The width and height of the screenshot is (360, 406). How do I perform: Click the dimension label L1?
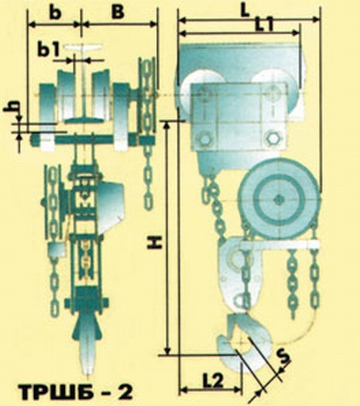pyautogui.click(x=264, y=25)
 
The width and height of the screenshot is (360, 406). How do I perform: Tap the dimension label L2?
pyautogui.click(x=212, y=381)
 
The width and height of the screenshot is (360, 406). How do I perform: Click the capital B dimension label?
pyautogui.click(x=118, y=12)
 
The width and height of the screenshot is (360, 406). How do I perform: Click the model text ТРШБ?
pyautogui.click(x=59, y=392)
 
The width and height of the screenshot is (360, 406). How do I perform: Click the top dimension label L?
pyautogui.click(x=244, y=10)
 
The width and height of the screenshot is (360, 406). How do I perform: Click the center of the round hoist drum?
pyautogui.click(x=278, y=200)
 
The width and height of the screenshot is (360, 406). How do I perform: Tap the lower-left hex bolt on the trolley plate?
pyautogui.click(x=205, y=139)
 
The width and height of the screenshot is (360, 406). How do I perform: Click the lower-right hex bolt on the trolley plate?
pyautogui.click(x=272, y=138)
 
